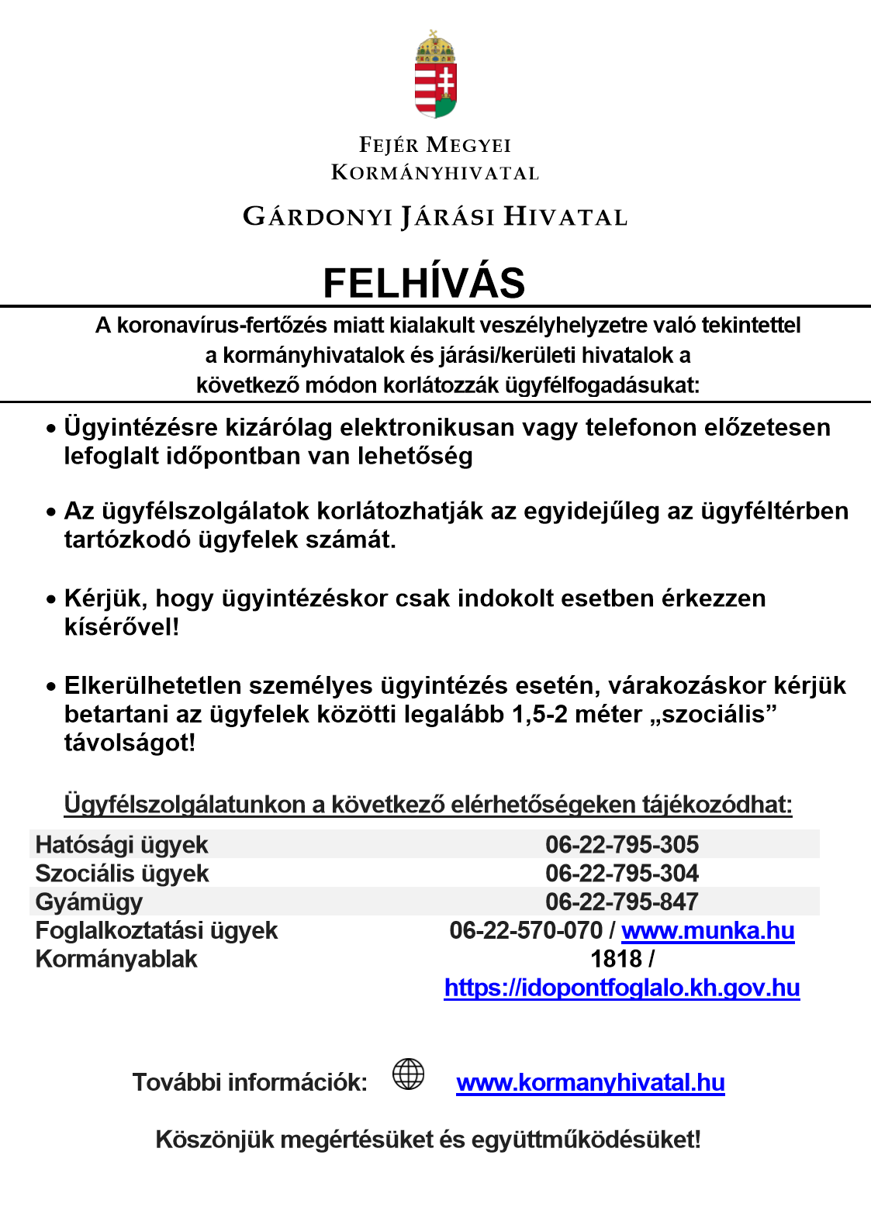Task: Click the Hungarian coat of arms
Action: [435, 75]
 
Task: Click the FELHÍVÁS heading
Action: [423, 283]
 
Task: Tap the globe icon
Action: [408, 1074]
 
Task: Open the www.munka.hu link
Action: [707, 930]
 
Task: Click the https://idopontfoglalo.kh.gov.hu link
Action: [621, 988]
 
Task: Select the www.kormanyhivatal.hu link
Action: [590, 1082]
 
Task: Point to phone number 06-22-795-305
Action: [621, 844]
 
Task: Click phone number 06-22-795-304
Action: [621, 873]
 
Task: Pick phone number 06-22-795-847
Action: [621, 902]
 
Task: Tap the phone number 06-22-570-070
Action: [525, 930]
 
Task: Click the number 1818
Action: [616, 959]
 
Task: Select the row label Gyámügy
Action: [89, 902]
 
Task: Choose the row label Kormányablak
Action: [116, 959]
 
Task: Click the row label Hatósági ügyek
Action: [122, 845]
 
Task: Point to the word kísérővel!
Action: [122, 626]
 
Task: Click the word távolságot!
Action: [130, 743]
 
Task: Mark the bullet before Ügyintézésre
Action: [51, 429]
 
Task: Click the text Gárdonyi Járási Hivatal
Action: [434, 217]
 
